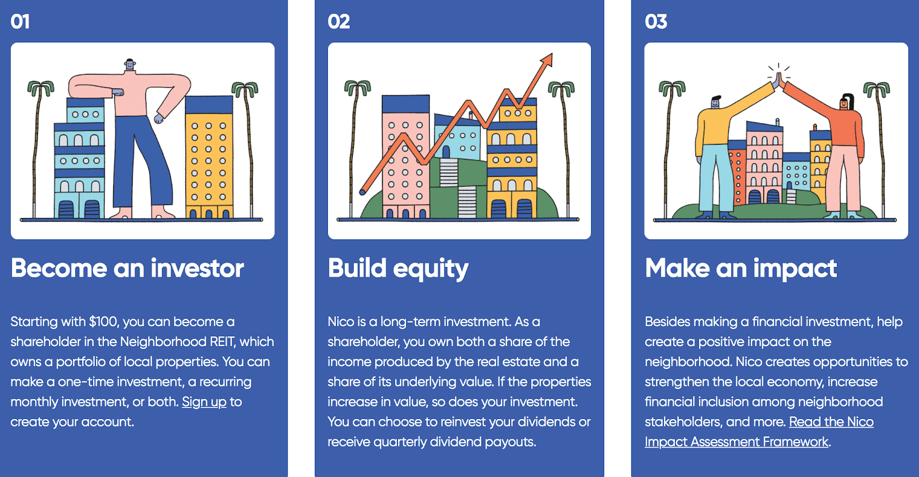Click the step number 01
[x=20, y=22]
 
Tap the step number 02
[x=338, y=22]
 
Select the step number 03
[x=655, y=22]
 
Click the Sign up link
[x=204, y=402]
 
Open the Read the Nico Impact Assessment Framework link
[x=759, y=432]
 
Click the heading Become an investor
[x=127, y=268]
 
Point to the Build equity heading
[x=398, y=269]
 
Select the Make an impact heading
[x=740, y=269]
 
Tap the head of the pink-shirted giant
[x=130, y=64]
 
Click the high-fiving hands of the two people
[x=778, y=79]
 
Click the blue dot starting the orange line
[x=362, y=192]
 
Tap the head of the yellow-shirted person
[x=716, y=102]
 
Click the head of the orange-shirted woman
[x=845, y=103]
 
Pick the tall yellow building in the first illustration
[x=209, y=157]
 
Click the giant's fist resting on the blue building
[x=118, y=92]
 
